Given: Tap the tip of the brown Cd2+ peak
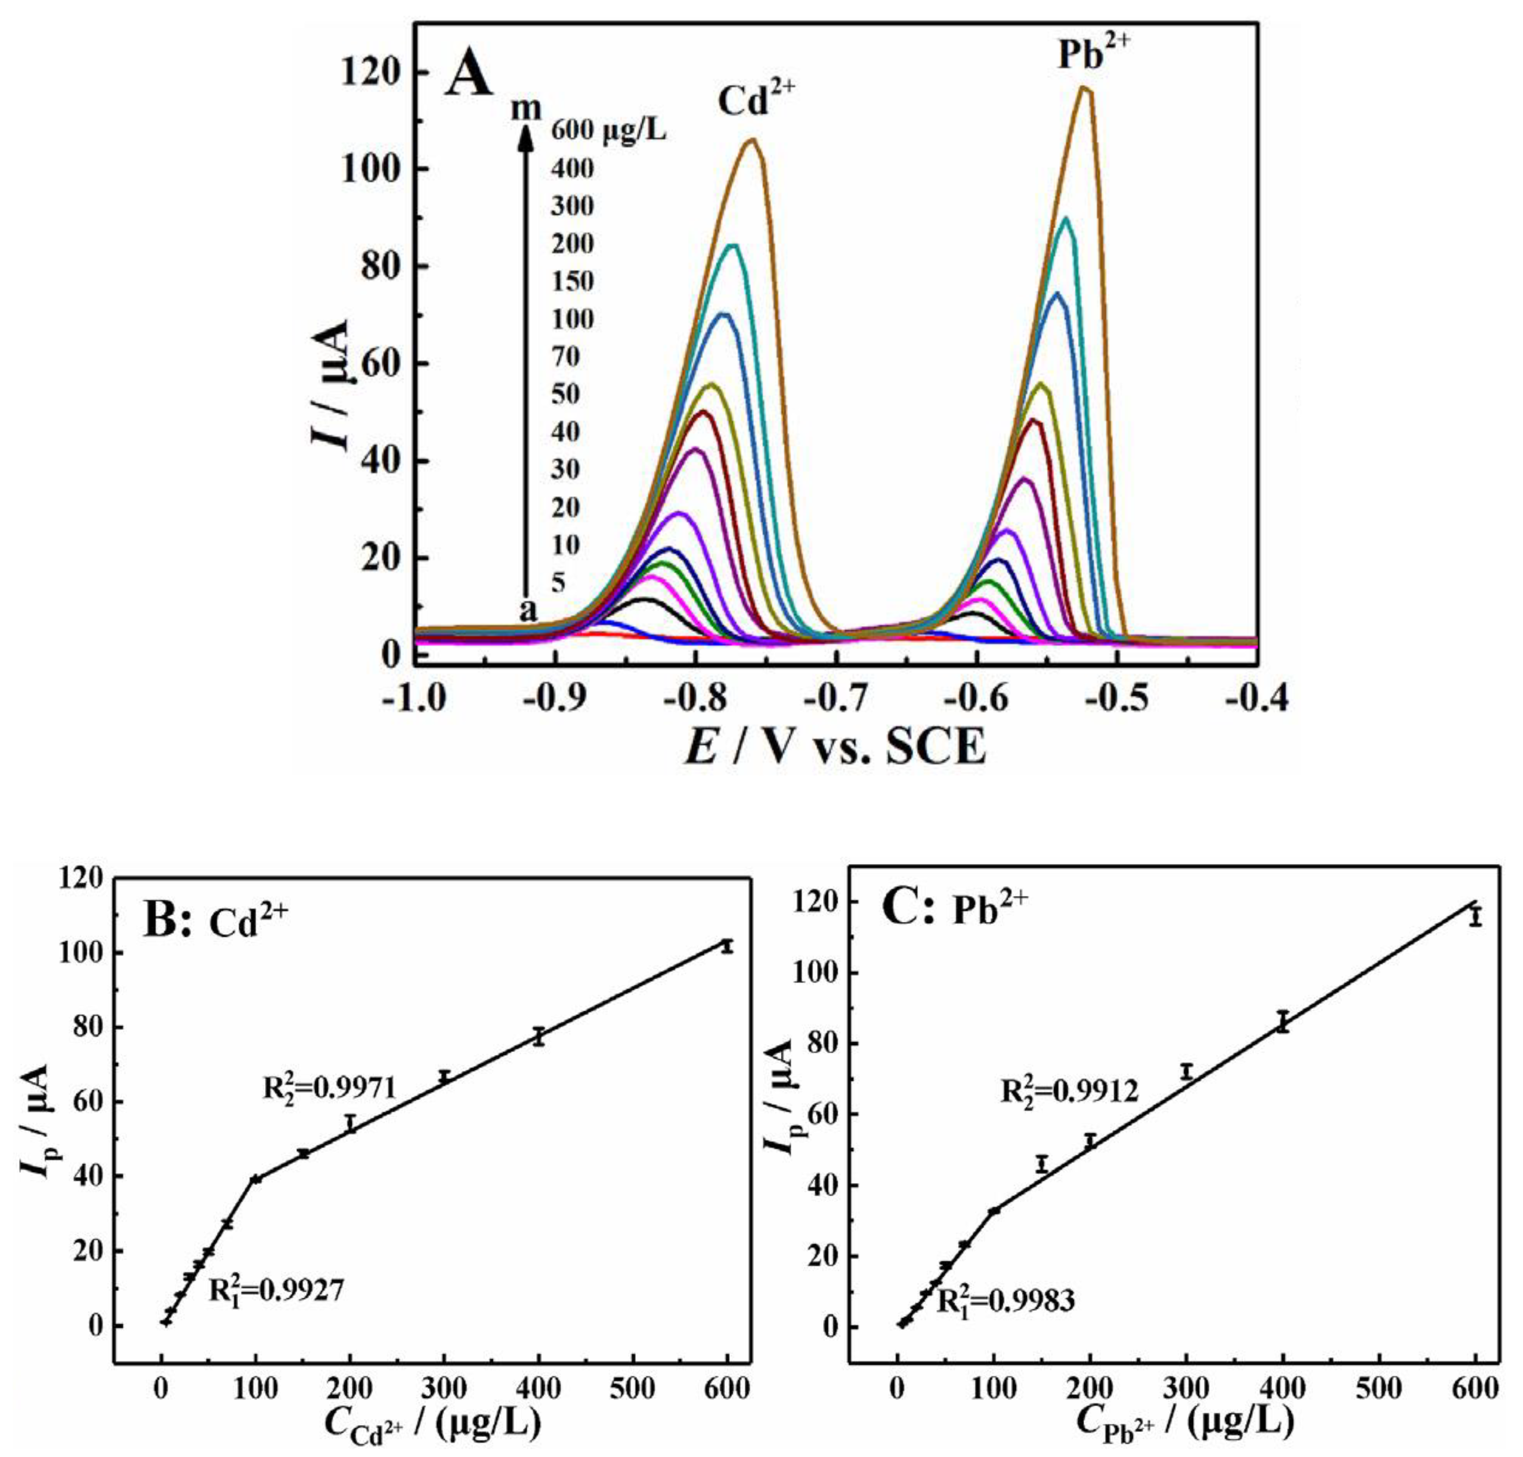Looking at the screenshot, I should (x=751, y=140).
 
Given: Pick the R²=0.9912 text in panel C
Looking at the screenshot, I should (x=1069, y=1090).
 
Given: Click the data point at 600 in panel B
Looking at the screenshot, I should (x=727, y=946).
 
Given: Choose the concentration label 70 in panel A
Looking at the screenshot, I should (x=565, y=356).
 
